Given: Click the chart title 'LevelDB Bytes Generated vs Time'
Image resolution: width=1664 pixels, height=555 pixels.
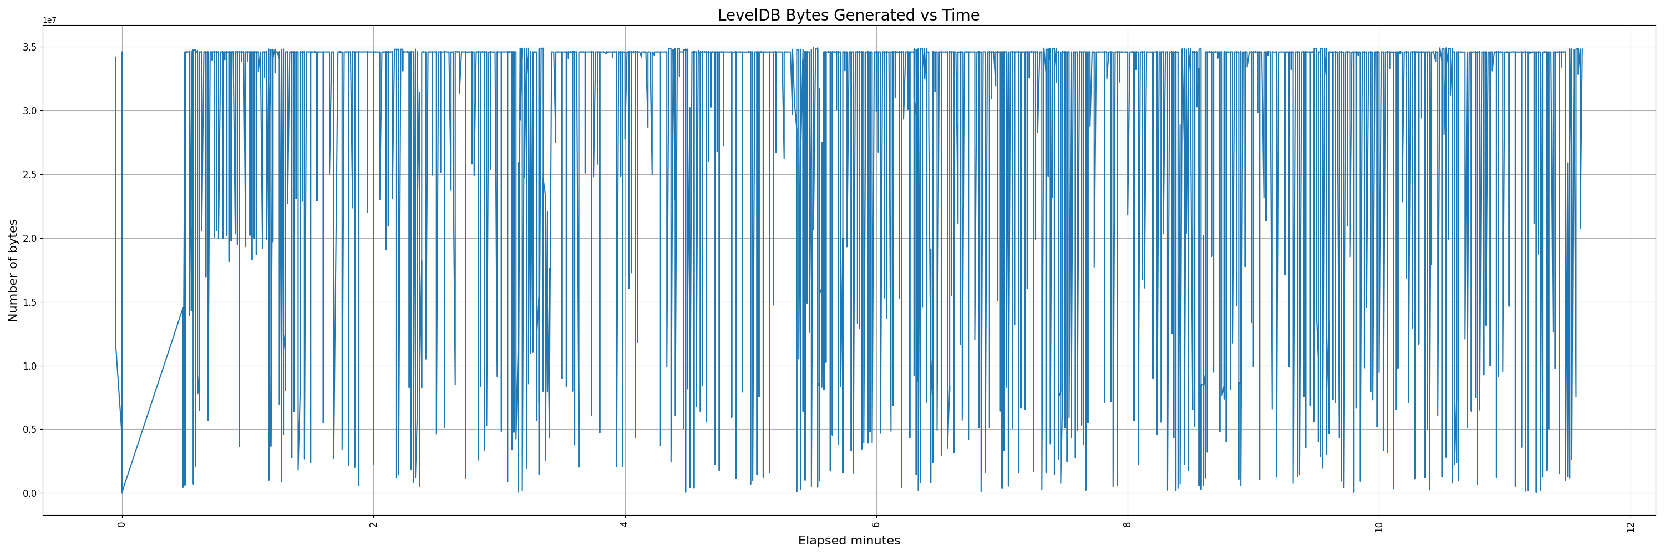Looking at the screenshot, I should pos(848,16).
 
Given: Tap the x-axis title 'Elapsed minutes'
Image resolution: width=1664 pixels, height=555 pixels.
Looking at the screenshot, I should pos(849,541).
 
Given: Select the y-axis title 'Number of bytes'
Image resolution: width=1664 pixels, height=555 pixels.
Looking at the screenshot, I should pos(13,270).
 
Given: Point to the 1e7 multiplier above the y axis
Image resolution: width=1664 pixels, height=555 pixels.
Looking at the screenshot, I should pos(50,20).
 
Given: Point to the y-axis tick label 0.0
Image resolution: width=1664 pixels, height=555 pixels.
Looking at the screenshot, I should pos(31,493).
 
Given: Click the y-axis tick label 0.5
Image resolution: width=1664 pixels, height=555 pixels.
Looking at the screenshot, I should pos(31,430).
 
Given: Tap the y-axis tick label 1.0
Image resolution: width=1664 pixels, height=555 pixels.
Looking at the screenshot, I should pos(31,366).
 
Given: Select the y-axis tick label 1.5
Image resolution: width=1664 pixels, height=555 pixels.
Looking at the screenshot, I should pos(31,302).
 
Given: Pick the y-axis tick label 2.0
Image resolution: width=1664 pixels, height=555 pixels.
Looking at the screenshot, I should pos(31,239).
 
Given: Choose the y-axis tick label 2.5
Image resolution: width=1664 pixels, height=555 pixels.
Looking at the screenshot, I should pos(31,174).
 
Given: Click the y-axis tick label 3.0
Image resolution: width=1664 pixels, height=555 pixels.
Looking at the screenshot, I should pos(31,111).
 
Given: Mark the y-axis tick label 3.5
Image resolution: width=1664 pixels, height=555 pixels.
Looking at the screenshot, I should pos(31,47).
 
